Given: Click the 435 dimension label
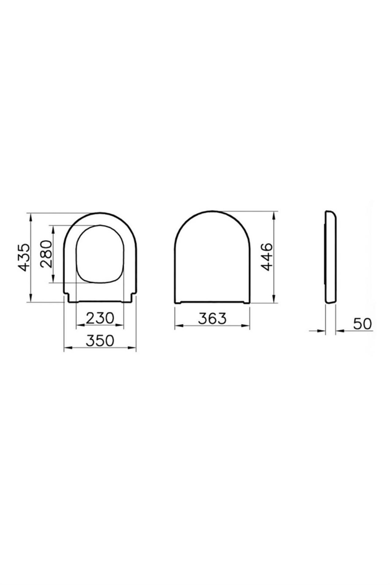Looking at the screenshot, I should (24, 257).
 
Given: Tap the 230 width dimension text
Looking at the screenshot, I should (100, 318).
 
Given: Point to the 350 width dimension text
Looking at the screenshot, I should (100, 340).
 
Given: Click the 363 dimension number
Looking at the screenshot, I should (212, 318).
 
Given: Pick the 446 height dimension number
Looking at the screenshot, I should (266, 256).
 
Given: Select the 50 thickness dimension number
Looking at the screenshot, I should (362, 324).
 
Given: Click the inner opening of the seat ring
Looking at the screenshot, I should (100, 254).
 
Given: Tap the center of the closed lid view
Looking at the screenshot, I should (212, 257).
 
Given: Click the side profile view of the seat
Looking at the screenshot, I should (331, 257).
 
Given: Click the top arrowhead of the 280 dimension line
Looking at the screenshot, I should (53, 229).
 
